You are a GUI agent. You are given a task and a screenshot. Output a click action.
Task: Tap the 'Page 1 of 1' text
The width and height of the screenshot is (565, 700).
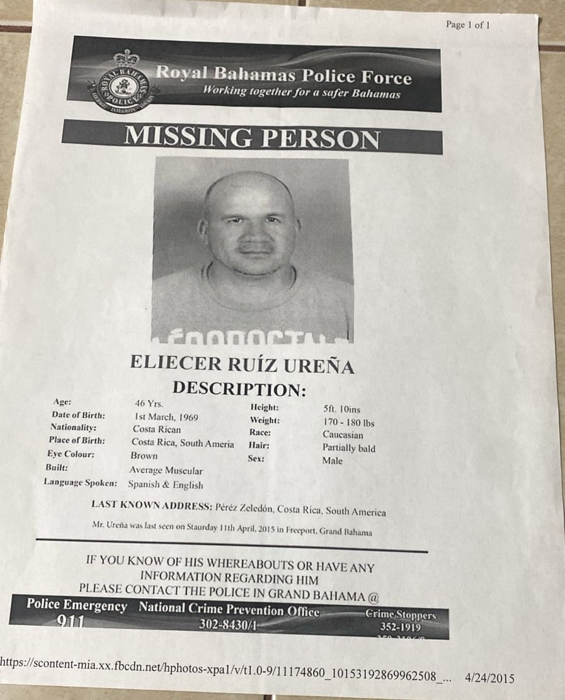[x=467, y=25]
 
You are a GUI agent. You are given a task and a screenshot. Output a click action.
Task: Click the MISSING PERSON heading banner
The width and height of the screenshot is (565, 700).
[x=252, y=137]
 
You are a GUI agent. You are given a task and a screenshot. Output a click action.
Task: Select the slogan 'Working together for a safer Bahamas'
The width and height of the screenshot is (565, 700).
[x=301, y=92]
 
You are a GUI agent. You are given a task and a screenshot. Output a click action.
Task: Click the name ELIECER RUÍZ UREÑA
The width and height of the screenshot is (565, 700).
[x=242, y=364]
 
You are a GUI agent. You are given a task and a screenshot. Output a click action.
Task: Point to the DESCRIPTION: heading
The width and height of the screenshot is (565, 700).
[x=239, y=388]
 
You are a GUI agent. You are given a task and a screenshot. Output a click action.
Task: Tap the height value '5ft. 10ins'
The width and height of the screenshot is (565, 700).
[x=341, y=409]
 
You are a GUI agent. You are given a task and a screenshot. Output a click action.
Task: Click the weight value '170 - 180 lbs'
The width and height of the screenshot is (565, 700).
[x=348, y=422]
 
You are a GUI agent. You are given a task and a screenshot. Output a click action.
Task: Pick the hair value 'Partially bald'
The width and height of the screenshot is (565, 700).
[x=348, y=448]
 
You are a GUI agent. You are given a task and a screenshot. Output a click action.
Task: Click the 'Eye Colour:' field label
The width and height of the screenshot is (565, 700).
[x=71, y=454]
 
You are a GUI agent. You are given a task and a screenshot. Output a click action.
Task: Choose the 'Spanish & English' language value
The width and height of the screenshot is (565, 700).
[x=165, y=485]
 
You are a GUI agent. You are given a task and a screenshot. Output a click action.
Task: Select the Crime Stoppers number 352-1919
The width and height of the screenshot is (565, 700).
[x=401, y=627]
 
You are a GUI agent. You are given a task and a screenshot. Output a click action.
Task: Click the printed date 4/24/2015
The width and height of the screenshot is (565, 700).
[x=489, y=679]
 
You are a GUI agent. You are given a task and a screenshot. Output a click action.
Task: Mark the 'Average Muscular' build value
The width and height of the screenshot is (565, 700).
[x=166, y=470]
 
